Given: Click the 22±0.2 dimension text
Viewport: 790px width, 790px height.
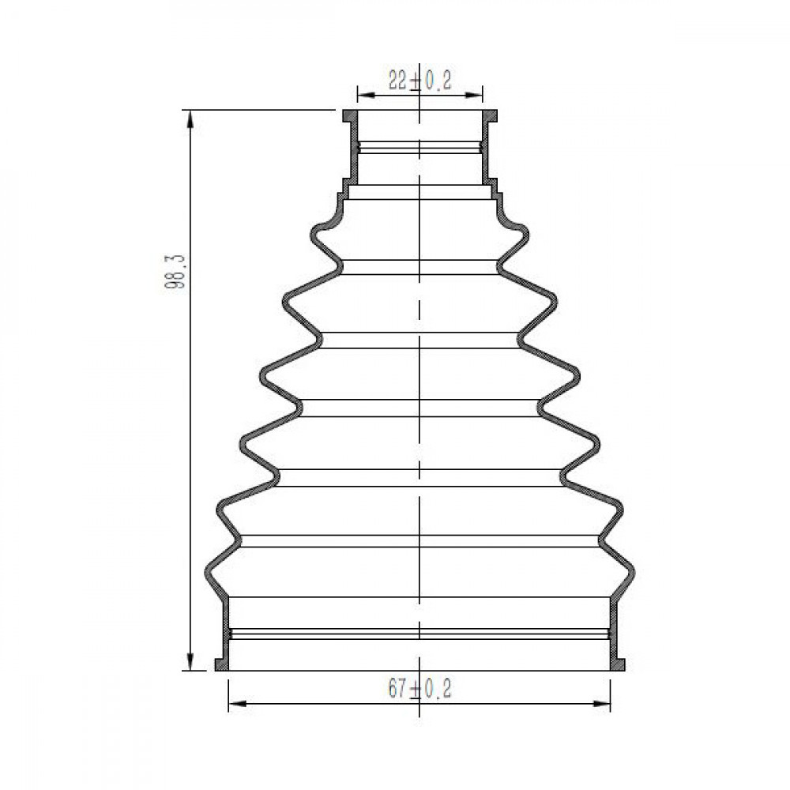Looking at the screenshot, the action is (x=419, y=81).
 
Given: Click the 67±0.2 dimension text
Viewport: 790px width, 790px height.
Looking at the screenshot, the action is (x=419, y=689).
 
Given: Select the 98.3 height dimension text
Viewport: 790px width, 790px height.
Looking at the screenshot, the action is (x=175, y=271).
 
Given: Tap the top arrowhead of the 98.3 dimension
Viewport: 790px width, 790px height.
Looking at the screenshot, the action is (x=190, y=119).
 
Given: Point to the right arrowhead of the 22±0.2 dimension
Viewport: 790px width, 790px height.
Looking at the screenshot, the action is (x=473, y=95).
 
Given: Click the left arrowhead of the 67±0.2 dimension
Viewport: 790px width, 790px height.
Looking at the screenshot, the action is (x=238, y=703).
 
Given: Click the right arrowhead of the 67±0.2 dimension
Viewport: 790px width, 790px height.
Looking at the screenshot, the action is (x=600, y=703).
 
